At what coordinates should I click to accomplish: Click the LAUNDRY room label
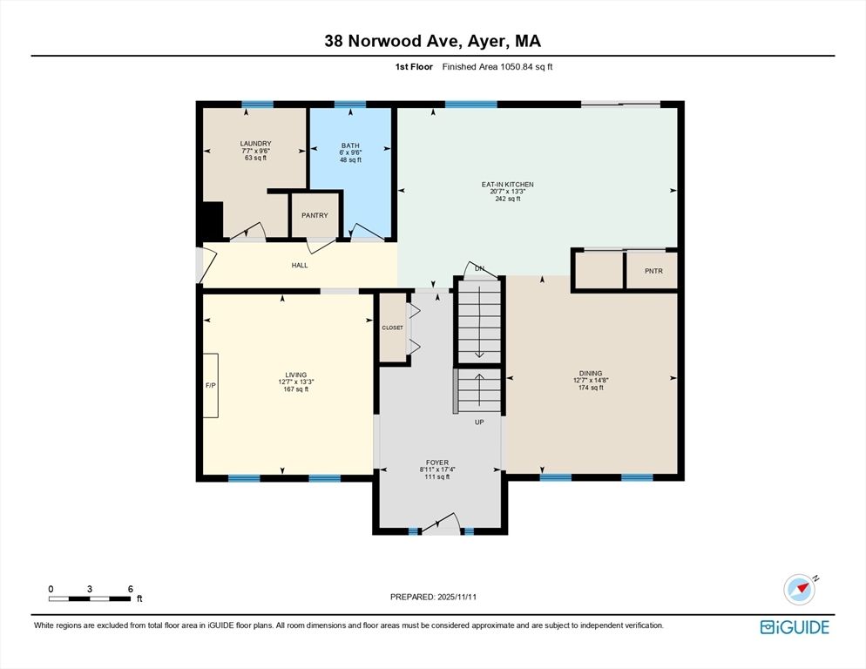[x=256, y=144]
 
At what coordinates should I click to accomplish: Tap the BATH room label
[x=350, y=145]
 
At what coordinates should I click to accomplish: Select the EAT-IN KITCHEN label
[x=507, y=185]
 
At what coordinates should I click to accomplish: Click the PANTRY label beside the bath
[x=315, y=215]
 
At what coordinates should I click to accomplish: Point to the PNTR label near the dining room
[x=653, y=271]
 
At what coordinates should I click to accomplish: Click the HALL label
[x=300, y=266]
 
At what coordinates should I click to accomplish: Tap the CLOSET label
[x=393, y=328]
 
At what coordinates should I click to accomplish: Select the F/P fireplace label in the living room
[x=210, y=384]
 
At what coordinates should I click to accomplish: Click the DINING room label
[x=590, y=374]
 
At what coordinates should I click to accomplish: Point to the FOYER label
[x=436, y=463]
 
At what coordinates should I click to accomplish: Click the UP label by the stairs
[x=478, y=422]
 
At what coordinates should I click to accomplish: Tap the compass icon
[x=799, y=590]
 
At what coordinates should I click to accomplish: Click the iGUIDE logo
[x=794, y=627]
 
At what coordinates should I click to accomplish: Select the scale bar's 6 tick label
[x=130, y=589]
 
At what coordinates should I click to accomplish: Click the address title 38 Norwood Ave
[x=432, y=41]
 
